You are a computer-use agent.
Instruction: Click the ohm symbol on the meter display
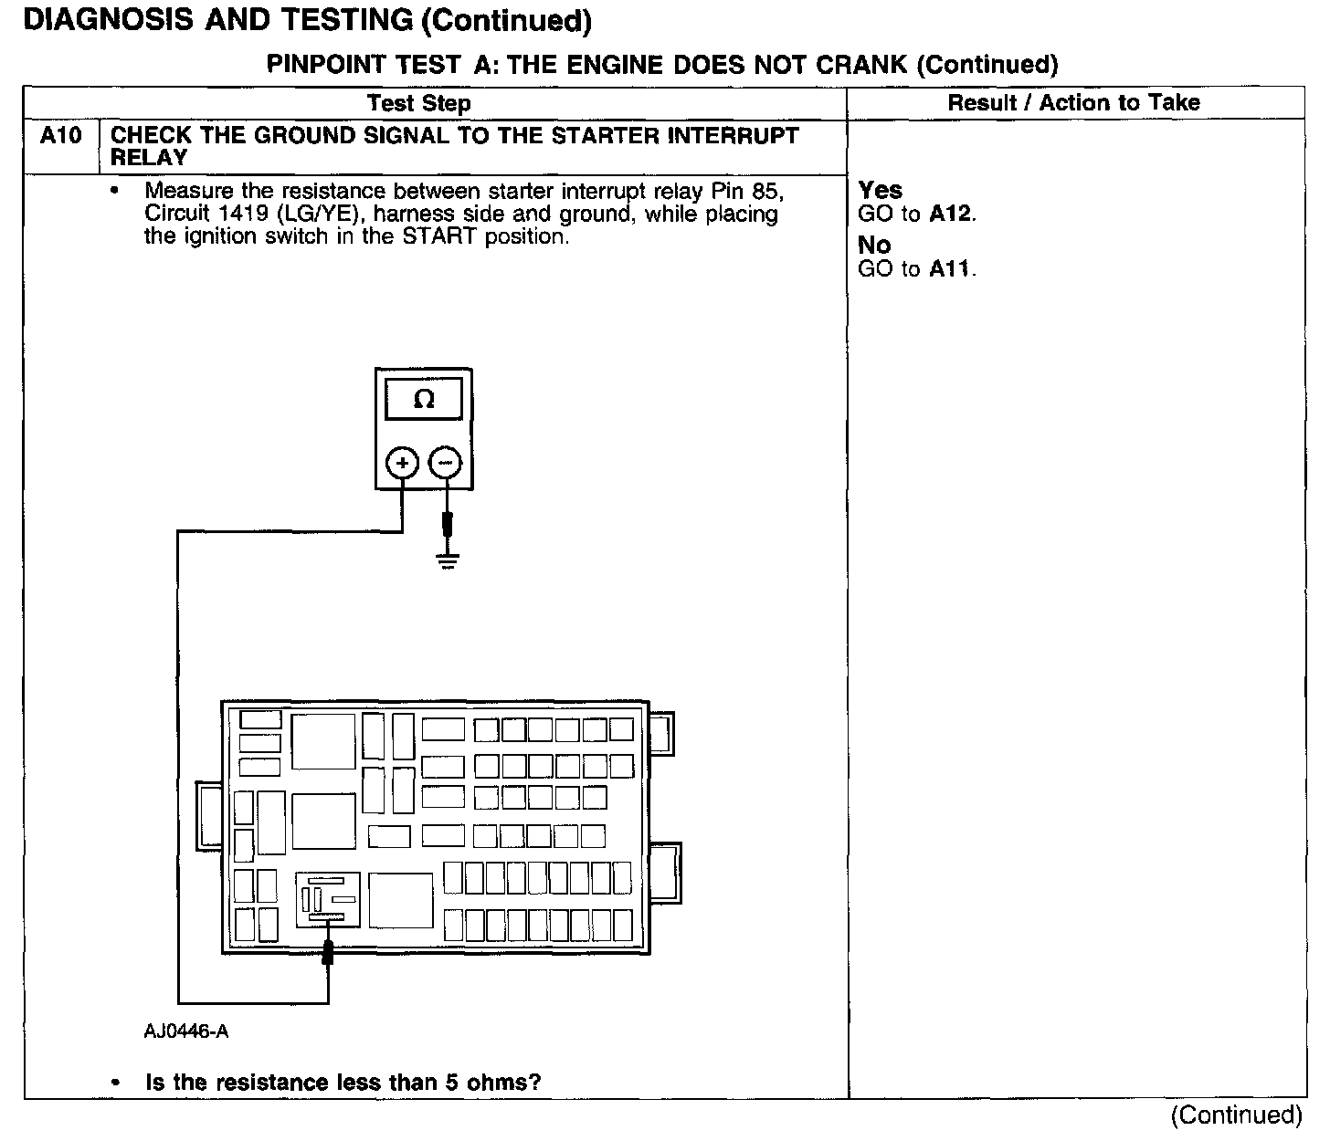coord(424,400)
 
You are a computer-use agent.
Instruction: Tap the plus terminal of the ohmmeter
coord(402,463)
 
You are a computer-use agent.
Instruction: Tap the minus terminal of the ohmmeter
coord(446,463)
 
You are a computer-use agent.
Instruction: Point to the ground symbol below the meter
coord(447,560)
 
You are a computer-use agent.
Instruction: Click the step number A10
coord(61,137)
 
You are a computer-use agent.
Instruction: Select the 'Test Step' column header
coord(419,103)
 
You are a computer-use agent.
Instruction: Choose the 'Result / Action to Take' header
coord(1073,103)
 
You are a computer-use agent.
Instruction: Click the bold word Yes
coord(880,191)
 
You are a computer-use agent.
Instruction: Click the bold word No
coord(874,246)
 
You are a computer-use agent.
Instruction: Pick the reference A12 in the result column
coord(951,215)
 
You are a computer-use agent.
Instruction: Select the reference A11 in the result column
coord(951,269)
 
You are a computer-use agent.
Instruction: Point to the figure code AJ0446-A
coord(185,1031)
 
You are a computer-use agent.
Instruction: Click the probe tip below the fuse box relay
coord(328,953)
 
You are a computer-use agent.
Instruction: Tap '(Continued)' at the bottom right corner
coord(1236,1115)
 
